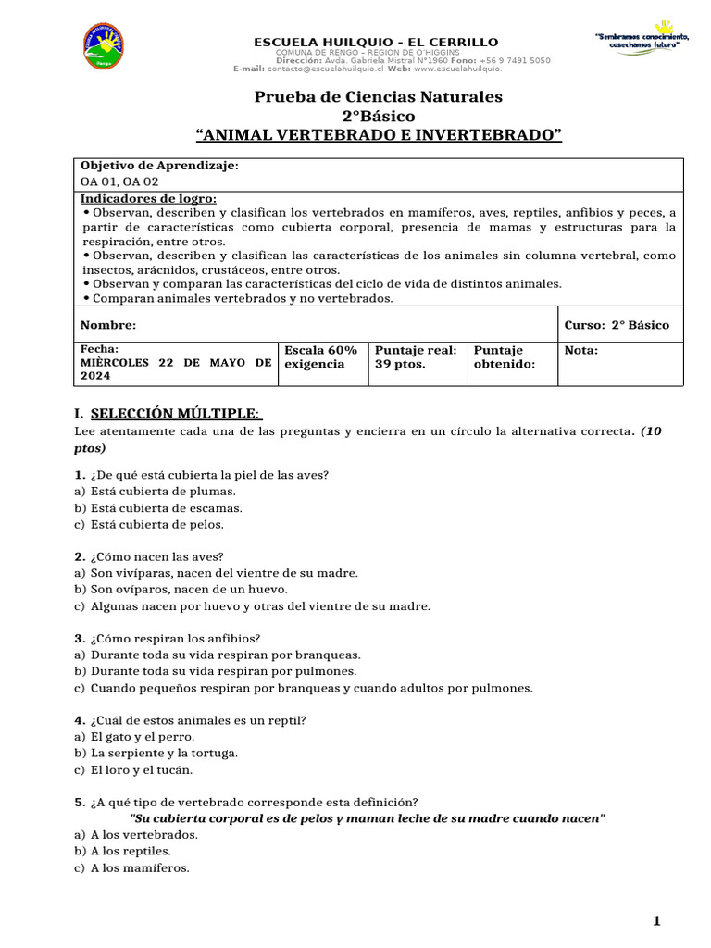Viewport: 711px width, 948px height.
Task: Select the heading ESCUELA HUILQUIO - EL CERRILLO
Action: (377, 43)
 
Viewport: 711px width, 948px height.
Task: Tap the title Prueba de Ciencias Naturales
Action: (378, 96)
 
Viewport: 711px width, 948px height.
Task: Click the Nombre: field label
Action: (108, 325)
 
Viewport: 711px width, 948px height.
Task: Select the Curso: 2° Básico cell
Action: (617, 325)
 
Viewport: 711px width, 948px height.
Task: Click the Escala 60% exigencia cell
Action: (320, 357)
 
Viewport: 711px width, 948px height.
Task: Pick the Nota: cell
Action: (581, 351)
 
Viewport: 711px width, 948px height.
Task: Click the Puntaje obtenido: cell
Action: (504, 357)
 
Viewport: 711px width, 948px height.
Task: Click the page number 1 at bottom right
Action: (656, 920)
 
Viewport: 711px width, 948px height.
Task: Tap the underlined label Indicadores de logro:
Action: (148, 198)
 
